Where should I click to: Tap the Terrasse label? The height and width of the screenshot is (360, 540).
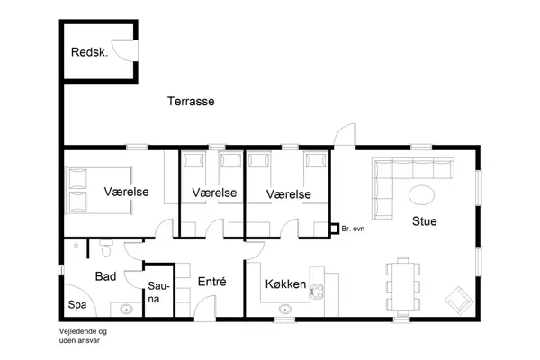point(191,102)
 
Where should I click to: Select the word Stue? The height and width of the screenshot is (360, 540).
point(425,220)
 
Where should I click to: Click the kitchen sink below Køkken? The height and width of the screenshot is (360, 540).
point(285,309)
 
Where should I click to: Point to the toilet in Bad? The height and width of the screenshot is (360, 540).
point(105,246)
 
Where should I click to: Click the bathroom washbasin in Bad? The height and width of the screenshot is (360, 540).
point(126,309)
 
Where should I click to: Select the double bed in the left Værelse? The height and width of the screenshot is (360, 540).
point(91,190)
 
